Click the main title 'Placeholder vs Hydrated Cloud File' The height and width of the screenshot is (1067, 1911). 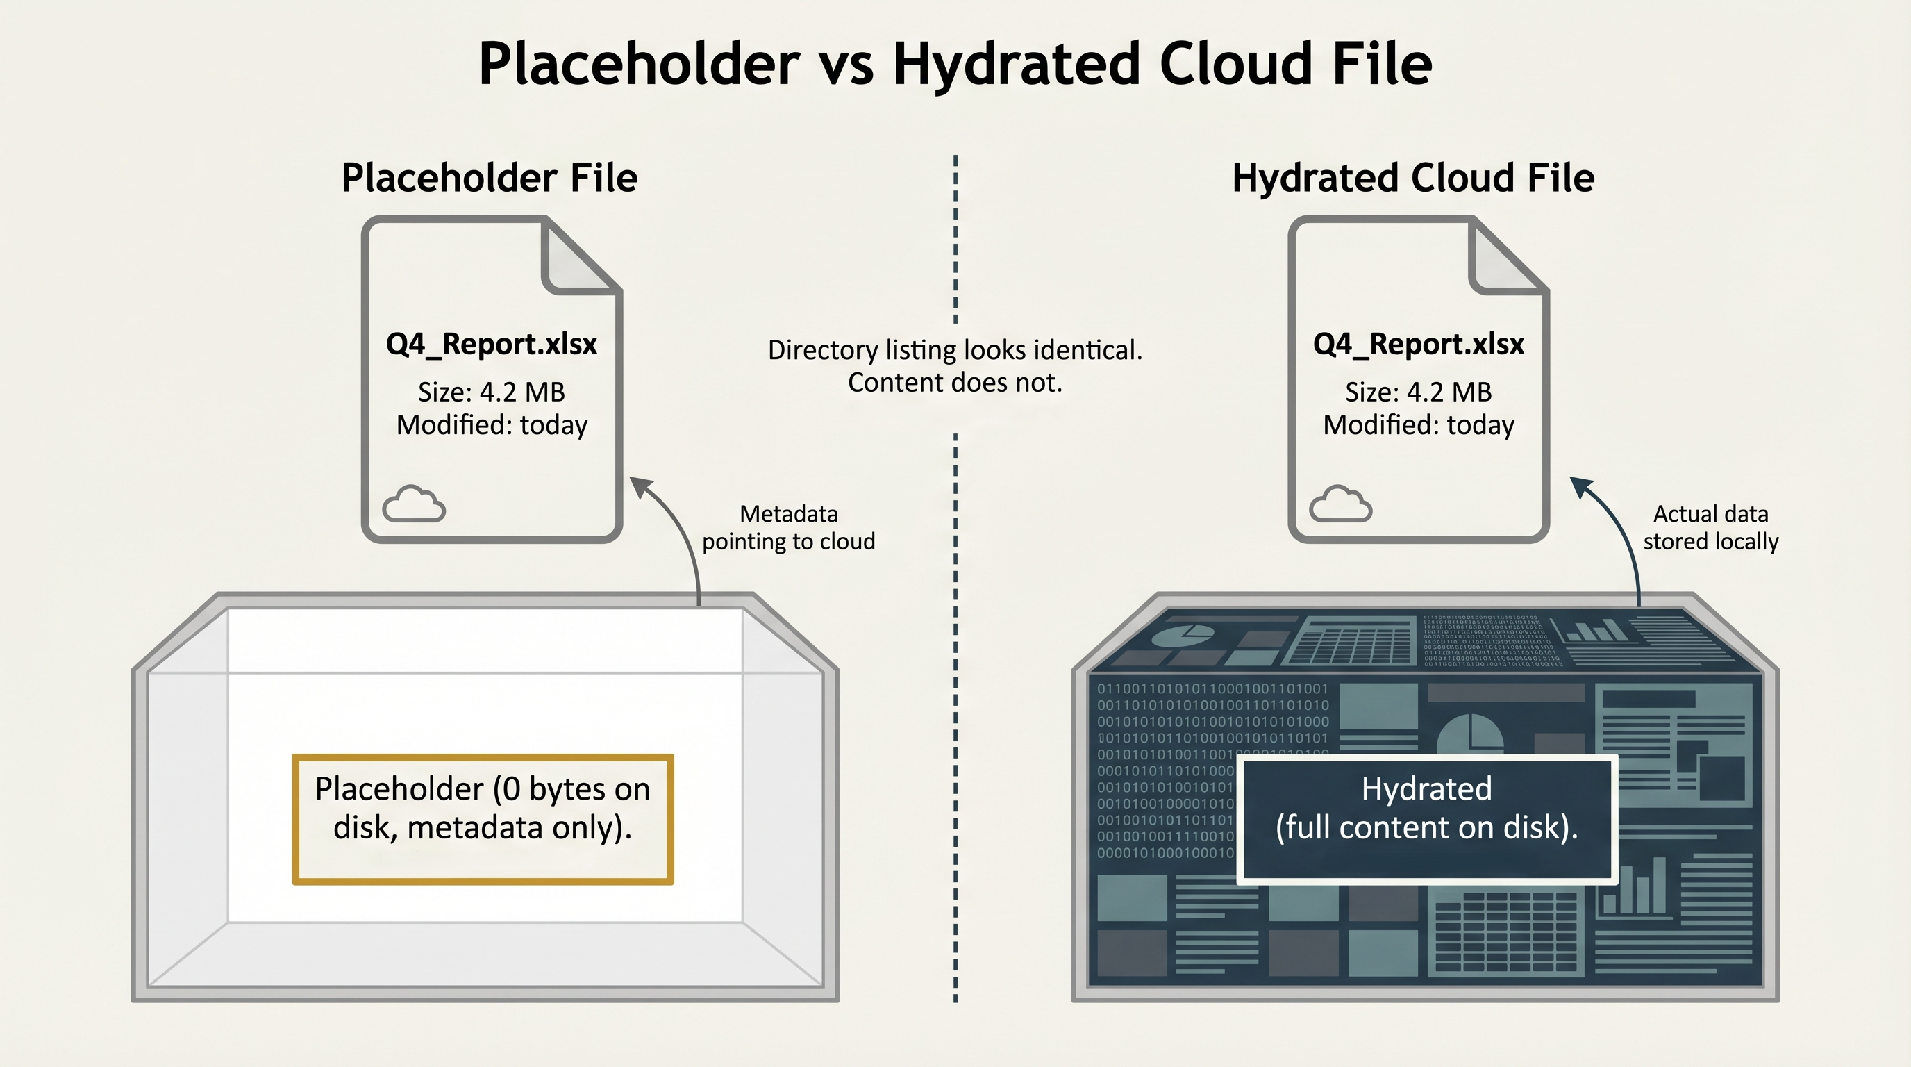pyautogui.click(x=955, y=64)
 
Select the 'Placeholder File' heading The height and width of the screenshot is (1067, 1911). pyautogui.click(x=489, y=178)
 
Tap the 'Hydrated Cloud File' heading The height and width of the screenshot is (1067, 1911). pyautogui.click(x=1412, y=178)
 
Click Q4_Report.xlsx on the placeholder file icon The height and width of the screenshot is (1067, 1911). pyautogui.click(x=491, y=345)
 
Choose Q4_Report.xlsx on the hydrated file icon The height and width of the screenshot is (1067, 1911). pyautogui.click(x=1418, y=345)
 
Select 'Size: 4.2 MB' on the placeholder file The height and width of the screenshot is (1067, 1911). pyautogui.click(x=491, y=392)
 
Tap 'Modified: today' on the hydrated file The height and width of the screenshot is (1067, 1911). pyautogui.click(x=1418, y=425)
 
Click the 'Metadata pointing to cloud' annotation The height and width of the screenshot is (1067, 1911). pyautogui.click(x=788, y=527)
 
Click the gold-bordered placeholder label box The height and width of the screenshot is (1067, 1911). pyautogui.click(x=482, y=819)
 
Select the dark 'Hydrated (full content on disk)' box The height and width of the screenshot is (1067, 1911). pyautogui.click(x=1426, y=819)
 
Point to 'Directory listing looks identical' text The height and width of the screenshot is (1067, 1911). pyautogui.click(x=955, y=350)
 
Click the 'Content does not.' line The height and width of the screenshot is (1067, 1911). pyautogui.click(x=955, y=383)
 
